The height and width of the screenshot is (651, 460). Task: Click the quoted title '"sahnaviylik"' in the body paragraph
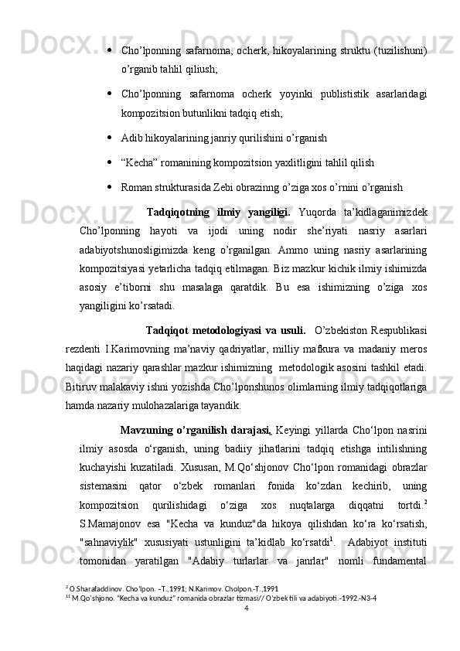(x=111, y=540)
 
